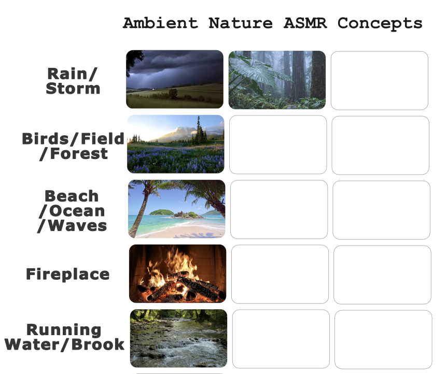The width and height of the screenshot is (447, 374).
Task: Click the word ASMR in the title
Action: pyautogui.click(x=305, y=23)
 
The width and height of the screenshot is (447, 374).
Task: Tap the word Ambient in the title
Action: pyautogui.click(x=161, y=23)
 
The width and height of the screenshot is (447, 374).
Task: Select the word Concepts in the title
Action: pyautogui.click(x=380, y=23)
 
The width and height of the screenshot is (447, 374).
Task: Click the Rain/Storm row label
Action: pyautogui.click(x=73, y=81)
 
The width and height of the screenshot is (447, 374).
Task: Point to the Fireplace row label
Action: pyautogui.click(x=68, y=274)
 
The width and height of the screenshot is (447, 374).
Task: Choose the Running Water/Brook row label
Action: pyautogui.click(x=64, y=337)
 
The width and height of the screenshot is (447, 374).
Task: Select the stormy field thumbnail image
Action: pyautogui.click(x=175, y=79)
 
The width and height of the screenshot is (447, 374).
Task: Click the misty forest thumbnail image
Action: pyautogui.click(x=277, y=80)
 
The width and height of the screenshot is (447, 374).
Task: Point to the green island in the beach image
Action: pyautogui.click(x=162, y=212)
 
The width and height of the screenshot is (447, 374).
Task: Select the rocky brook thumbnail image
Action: pyautogui.click(x=179, y=338)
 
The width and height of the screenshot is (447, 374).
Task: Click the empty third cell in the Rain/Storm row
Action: pyautogui.click(x=380, y=80)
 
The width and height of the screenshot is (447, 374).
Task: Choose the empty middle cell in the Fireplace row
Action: pyautogui.click(x=280, y=274)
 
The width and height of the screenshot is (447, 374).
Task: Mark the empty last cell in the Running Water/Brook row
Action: pyautogui.click(x=383, y=339)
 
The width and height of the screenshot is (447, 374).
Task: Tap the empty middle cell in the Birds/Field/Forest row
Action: pyautogui.click(x=278, y=145)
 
